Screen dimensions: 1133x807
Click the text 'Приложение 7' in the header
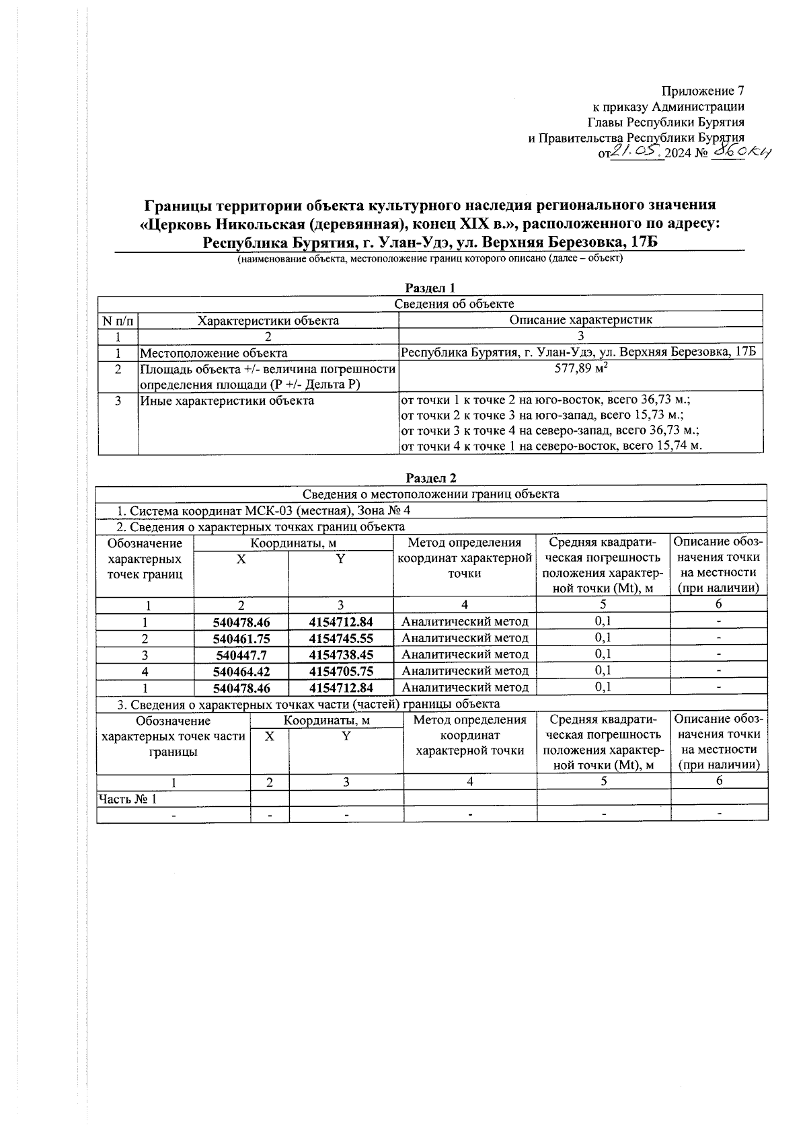click(703, 91)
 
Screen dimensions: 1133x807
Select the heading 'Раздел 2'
click(431, 478)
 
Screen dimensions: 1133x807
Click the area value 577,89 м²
click(581, 369)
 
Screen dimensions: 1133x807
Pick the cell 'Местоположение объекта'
click(214, 353)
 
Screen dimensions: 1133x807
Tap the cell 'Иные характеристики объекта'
click(227, 401)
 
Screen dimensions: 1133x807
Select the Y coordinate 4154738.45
click(340, 655)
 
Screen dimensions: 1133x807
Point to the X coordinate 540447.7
click(241, 655)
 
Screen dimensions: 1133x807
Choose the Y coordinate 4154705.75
click(340, 671)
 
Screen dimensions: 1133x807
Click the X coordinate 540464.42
click(241, 671)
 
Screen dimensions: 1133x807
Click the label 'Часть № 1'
click(128, 799)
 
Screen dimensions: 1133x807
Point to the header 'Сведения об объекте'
click(454, 304)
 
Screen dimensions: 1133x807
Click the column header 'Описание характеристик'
click(580, 320)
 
